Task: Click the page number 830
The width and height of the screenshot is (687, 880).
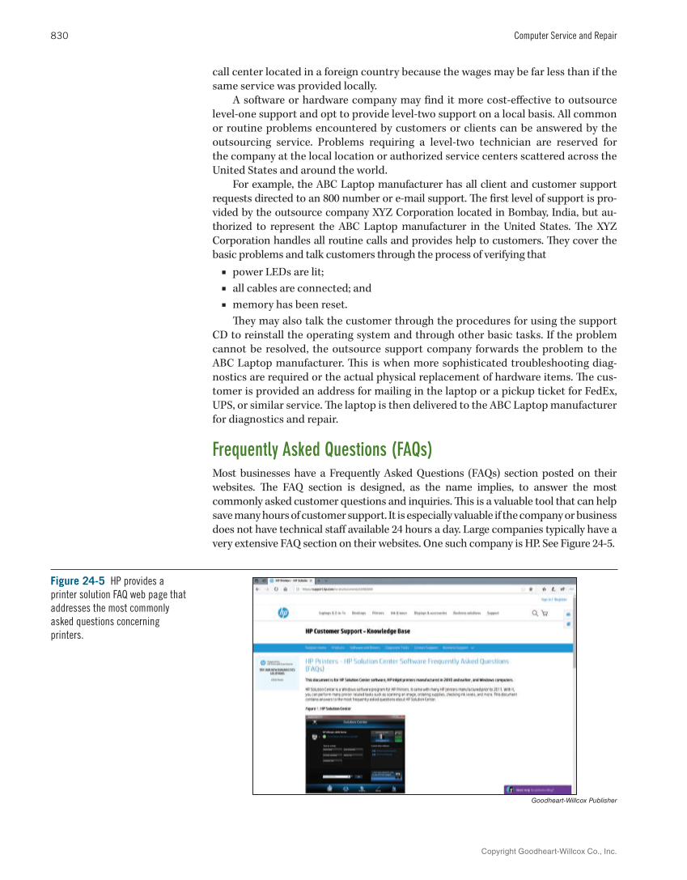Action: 58,36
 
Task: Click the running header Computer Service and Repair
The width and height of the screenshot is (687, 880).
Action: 565,36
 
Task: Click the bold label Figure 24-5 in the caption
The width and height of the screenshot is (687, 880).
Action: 78,581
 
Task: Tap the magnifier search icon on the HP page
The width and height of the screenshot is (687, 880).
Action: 535,613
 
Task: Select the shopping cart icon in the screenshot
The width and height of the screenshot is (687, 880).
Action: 545,613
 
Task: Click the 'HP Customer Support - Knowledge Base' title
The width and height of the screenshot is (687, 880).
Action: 357,631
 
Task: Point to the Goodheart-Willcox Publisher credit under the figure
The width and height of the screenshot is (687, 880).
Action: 574,801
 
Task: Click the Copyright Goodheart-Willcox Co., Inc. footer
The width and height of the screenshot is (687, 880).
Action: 549,852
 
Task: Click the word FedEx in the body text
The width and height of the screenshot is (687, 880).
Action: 600,392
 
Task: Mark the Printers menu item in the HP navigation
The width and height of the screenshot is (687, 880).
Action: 378,614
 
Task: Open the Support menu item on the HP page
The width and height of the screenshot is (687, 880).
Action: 493,614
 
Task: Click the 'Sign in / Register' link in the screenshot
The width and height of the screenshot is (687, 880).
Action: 554,600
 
